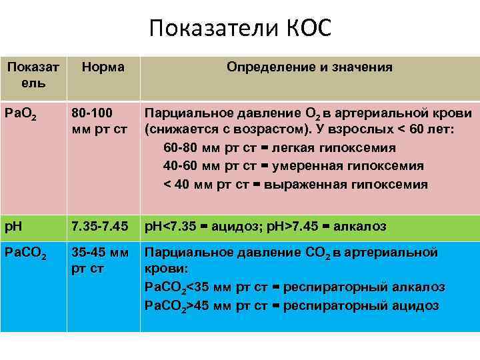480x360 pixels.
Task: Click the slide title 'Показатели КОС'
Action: click(x=240, y=29)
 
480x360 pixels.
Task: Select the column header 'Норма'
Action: click(x=103, y=67)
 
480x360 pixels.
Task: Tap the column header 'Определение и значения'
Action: click(x=309, y=67)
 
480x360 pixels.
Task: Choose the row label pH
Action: click(x=14, y=227)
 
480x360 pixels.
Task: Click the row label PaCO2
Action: click(x=25, y=254)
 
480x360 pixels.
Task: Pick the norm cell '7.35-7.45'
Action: click(x=99, y=227)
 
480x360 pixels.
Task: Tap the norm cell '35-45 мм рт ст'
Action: click(x=100, y=261)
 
